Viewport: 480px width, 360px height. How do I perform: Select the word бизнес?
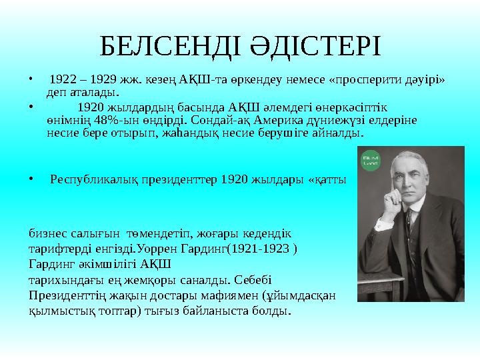46,234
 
